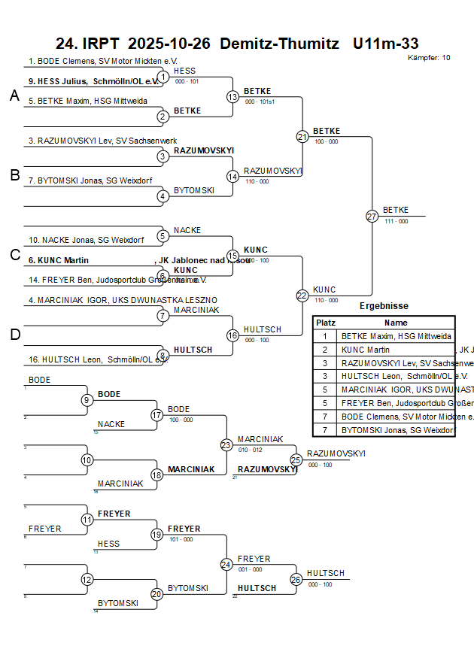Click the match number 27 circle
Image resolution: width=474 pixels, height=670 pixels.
coord(372,217)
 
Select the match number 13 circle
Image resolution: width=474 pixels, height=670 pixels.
coord(232,97)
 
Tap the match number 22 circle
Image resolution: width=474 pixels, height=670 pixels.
coord(302,296)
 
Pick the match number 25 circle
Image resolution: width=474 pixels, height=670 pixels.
coord(296,459)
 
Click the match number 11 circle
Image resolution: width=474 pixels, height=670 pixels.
coord(87,520)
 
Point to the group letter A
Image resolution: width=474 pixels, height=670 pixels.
coord(14,95)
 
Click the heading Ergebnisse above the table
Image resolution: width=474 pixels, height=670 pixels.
coord(384,306)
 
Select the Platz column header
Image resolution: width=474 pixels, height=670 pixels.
coord(325,322)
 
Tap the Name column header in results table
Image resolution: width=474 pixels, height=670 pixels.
coord(396,322)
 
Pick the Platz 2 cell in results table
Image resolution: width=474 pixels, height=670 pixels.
coord(325,350)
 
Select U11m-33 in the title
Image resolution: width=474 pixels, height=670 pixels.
coord(385,44)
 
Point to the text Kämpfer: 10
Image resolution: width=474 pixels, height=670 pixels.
coord(429,57)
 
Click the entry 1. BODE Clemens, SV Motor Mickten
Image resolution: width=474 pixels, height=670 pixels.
coord(102,61)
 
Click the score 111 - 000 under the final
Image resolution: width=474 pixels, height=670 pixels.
coord(396,221)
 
